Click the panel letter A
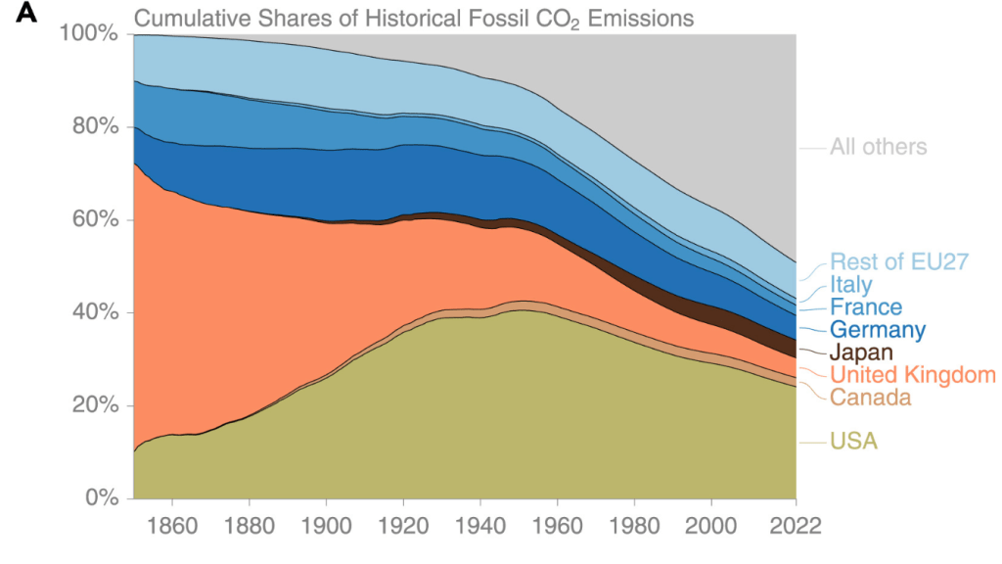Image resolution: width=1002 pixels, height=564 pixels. (x=28, y=16)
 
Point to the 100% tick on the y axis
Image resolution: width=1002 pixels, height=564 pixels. (x=90, y=34)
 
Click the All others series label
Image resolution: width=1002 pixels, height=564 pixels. (x=878, y=148)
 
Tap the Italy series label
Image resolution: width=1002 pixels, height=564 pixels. (x=850, y=284)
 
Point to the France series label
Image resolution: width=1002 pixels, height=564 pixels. (x=866, y=306)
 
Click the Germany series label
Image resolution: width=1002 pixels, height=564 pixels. (x=878, y=329)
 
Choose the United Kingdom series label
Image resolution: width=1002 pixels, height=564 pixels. (x=912, y=375)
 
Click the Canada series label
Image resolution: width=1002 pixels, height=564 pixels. (x=870, y=398)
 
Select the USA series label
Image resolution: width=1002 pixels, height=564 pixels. (x=853, y=442)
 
